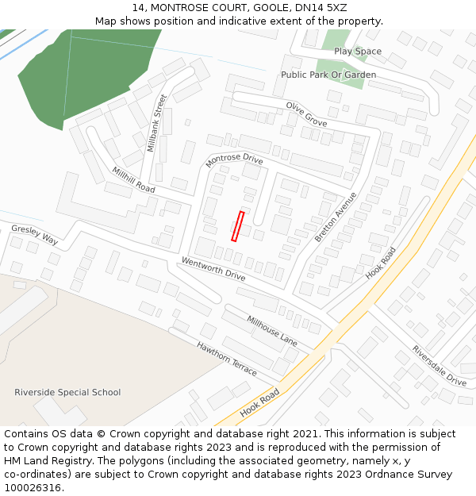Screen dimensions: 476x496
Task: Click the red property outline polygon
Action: [x=237, y=226]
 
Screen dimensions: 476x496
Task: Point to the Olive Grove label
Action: [x=306, y=114]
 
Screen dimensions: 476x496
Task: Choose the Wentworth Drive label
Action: [x=213, y=269]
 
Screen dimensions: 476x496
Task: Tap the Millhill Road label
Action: [x=133, y=180]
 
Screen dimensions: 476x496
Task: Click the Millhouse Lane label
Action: [x=271, y=331]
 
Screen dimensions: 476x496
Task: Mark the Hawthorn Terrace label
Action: [x=227, y=359]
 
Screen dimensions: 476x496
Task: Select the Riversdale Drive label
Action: [x=439, y=365]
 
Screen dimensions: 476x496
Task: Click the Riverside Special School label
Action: [x=67, y=392]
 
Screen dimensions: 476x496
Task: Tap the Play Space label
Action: [x=357, y=52]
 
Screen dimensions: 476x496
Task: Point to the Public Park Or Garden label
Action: [x=328, y=75]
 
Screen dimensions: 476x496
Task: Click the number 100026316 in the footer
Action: [x=31, y=488]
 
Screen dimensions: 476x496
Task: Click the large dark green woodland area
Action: [x=87, y=71]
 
